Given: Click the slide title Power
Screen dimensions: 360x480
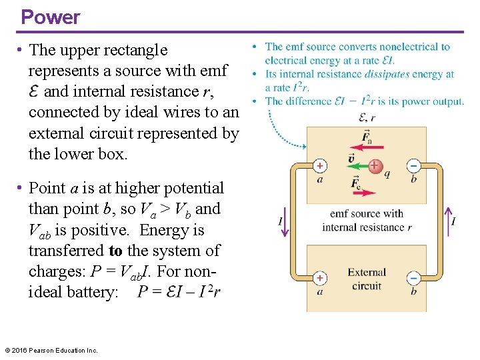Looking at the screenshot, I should [50, 17].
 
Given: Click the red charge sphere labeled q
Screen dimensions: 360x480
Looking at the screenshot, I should [375, 166].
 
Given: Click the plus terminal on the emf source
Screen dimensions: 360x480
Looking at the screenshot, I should [320, 166].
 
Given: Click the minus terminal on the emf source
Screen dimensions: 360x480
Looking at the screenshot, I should [413, 166].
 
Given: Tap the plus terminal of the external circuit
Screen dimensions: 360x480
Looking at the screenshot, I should [320, 277].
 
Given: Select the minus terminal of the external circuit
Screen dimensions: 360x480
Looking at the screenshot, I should [413, 277].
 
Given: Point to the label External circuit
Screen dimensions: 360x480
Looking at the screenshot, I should [366, 279].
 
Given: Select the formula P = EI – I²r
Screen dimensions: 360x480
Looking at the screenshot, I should [179, 292].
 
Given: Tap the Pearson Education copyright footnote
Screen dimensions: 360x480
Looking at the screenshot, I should [51, 350].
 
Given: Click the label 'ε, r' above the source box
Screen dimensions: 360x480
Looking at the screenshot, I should [367, 117].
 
